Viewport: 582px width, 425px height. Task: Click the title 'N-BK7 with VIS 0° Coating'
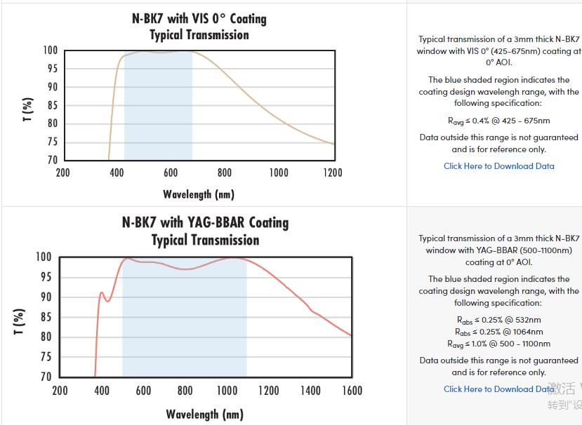point(199,18)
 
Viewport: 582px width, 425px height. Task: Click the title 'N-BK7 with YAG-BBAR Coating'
point(205,222)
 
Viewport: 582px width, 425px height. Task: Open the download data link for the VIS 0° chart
point(498,166)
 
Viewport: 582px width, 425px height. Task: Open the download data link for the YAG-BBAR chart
point(498,389)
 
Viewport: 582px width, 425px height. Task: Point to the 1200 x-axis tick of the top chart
point(332,173)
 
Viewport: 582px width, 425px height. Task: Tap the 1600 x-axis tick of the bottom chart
point(352,391)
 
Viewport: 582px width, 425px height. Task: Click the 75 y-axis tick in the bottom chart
point(44,357)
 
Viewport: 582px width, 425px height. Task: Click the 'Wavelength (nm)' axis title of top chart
point(199,194)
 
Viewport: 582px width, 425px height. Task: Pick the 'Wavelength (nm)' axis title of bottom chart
point(204,414)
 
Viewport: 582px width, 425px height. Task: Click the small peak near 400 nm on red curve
point(101,292)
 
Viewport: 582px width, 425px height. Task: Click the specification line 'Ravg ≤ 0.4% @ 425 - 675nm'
point(498,121)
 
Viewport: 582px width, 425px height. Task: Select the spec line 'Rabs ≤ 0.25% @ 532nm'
point(498,320)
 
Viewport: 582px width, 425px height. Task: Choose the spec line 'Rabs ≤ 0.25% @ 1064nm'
point(498,332)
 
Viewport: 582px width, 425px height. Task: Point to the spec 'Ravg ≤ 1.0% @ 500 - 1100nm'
point(498,344)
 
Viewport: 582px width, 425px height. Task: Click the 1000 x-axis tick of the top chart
point(278,173)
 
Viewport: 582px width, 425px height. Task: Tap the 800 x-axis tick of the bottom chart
point(185,391)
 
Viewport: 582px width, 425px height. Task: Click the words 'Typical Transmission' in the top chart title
point(199,35)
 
